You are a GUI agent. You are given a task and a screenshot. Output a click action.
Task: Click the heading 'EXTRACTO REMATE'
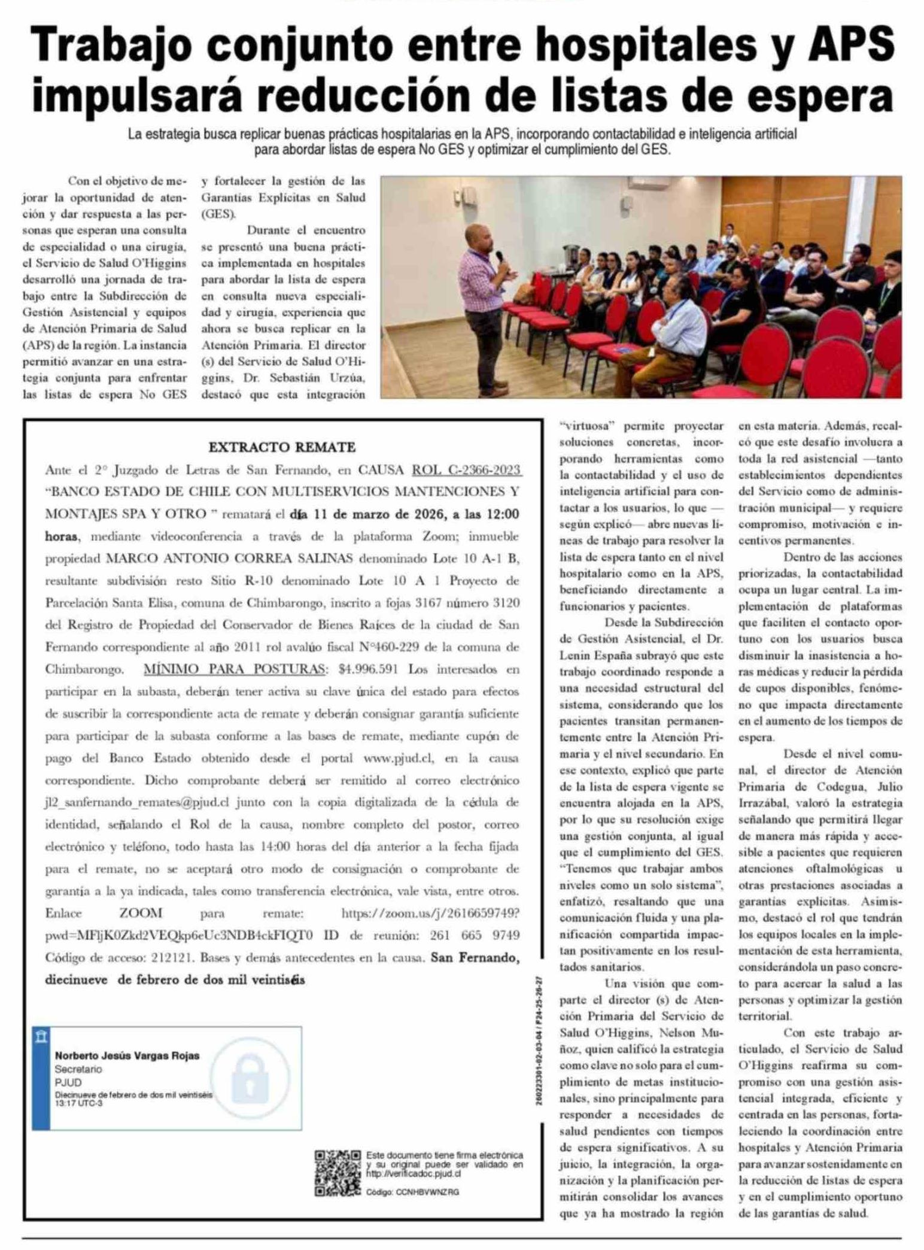pos(282,447)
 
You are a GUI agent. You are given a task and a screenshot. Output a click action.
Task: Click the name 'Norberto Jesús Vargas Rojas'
pos(127,1055)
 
